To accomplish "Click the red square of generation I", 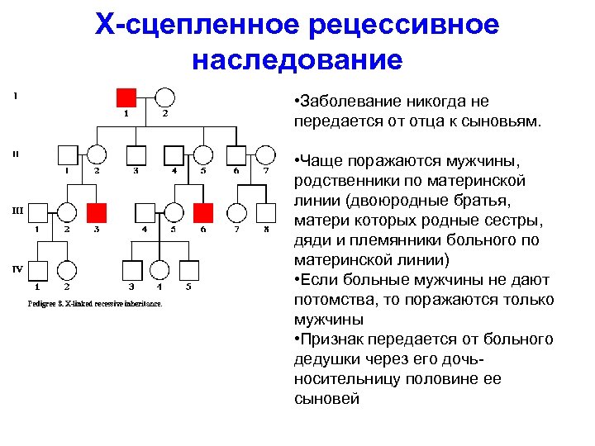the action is click(126, 96).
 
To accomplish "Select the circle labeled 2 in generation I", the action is click(165, 96).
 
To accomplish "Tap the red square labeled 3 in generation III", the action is click(97, 212).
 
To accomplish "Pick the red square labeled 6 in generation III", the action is click(203, 212).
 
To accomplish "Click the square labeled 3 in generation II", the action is click(136, 154).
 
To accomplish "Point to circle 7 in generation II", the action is click(265, 154).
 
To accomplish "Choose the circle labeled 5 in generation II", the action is click(202, 154).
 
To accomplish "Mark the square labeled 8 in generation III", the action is click(265, 212).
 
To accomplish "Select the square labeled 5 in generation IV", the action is click(188, 270).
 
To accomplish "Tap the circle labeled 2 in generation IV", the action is click(67, 270).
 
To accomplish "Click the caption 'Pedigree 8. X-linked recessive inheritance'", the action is click(95, 303).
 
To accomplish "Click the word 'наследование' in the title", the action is click(297, 59).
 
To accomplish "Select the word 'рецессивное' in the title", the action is click(404, 24).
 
